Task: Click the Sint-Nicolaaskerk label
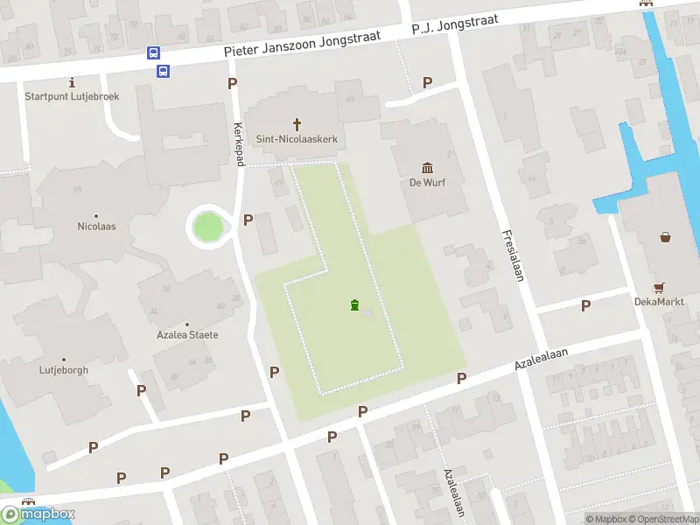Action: (x=297, y=139)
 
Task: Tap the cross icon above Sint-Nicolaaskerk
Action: (x=297, y=124)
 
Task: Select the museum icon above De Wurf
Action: (x=427, y=167)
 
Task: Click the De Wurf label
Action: (x=427, y=183)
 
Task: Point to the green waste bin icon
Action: (x=354, y=304)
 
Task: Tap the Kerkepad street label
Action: (x=237, y=141)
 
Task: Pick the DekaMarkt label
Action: (x=659, y=302)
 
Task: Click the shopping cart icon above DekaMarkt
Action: (x=659, y=287)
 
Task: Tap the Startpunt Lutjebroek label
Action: (x=72, y=96)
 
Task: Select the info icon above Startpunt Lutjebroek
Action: (x=71, y=82)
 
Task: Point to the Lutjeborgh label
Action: (x=64, y=370)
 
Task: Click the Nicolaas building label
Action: (x=96, y=227)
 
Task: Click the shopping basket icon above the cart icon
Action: (x=665, y=236)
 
